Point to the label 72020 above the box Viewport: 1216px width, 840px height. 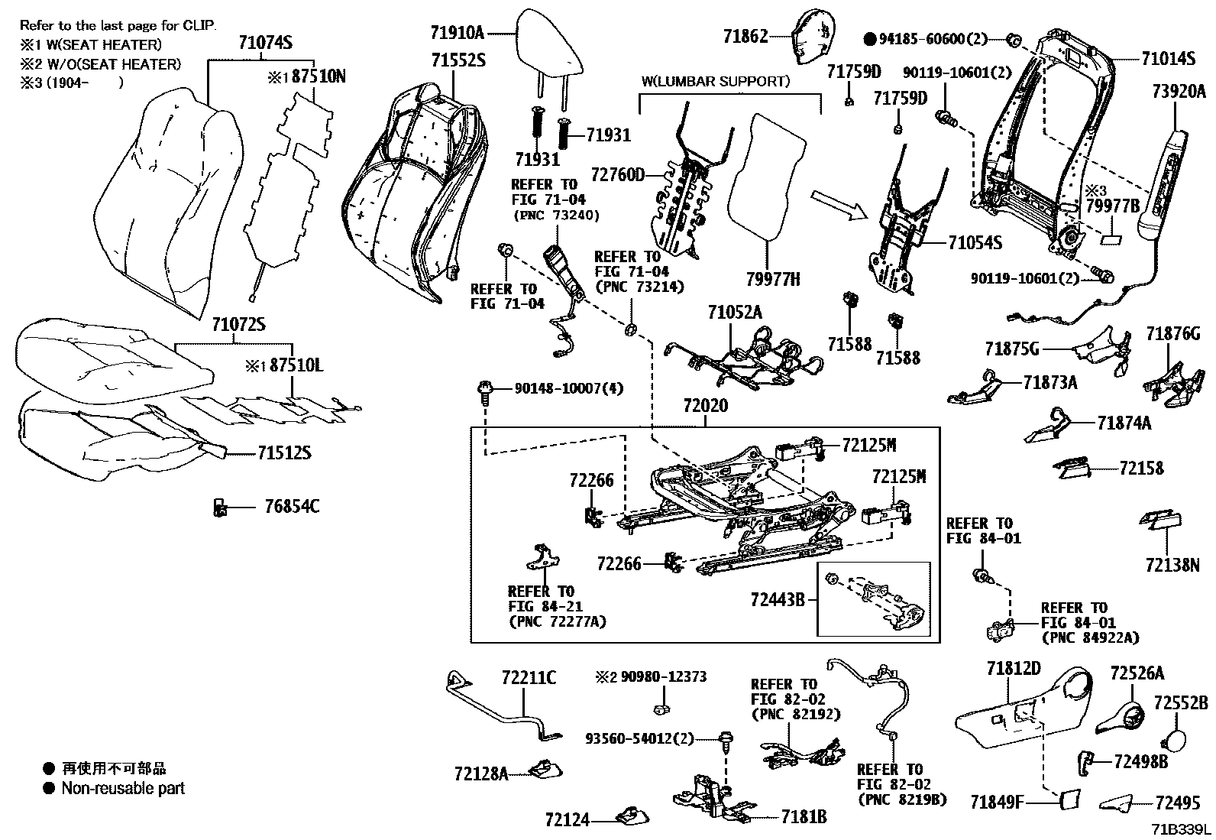[705, 407]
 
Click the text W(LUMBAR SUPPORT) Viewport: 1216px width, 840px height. [716, 80]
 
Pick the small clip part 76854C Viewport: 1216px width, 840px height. [220, 507]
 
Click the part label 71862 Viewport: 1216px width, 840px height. [745, 36]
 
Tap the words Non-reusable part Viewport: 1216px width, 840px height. [123, 788]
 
